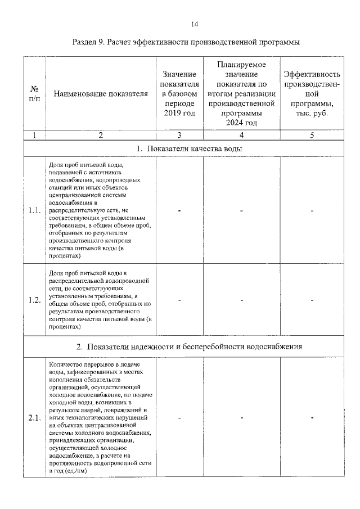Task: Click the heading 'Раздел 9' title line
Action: click(186, 42)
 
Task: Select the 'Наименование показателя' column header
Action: click(101, 94)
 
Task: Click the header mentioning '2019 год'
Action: click(179, 94)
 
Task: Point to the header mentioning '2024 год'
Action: click(241, 94)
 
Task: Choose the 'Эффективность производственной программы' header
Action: click(312, 94)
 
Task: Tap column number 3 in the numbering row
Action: click(179, 135)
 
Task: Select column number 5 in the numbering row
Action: click(312, 135)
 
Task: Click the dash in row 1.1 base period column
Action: click(179, 211)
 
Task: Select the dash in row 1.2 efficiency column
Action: click(312, 300)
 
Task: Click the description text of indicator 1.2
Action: click(100, 300)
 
